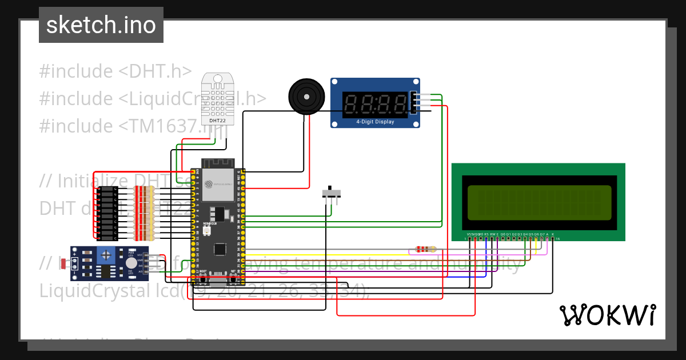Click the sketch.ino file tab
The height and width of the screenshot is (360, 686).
point(101,25)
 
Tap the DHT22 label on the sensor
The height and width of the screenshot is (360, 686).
point(217,121)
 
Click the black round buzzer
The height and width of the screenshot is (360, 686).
point(306,96)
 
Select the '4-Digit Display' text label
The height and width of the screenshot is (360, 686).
point(375,122)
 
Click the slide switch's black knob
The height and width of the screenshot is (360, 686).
point(330,190)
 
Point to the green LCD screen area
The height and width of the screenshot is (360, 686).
point(540,203)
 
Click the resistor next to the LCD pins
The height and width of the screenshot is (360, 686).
point(423,249)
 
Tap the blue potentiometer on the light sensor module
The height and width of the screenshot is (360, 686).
point(106,255)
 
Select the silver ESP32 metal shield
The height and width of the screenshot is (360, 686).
point(217,184)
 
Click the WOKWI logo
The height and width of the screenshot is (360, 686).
point(607,315)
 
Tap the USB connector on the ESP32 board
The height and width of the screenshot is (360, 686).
point(218,281)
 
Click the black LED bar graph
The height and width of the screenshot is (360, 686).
point(107,213)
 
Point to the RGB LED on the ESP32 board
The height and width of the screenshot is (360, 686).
point(206,231)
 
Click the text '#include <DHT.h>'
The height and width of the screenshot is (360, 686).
point(115,71)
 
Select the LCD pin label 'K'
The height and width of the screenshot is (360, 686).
point(552,234)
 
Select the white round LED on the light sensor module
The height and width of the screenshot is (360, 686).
point(131,263)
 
